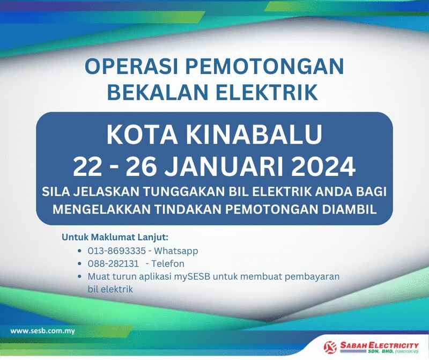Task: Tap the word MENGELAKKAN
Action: [101, 209]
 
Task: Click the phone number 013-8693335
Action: [116, 251]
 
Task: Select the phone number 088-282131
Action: [113, 263]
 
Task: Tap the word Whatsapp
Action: [176, 251]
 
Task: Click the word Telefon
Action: [168, 263]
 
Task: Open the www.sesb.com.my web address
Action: [43, 331]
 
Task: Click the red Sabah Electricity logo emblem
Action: [330, 348]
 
